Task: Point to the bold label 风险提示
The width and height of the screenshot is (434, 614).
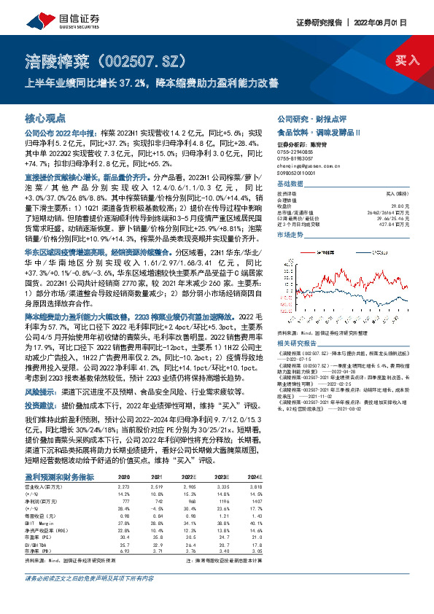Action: pyautogui.click(x=42, y=370)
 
